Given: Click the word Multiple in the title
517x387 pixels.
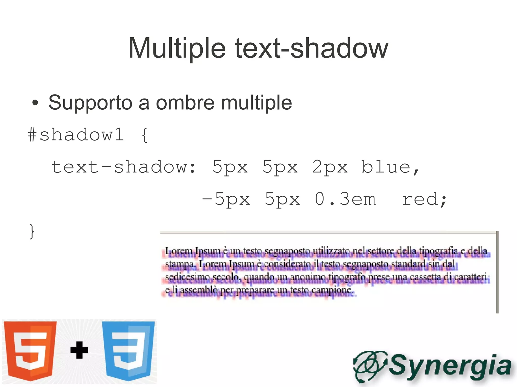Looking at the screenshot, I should [x=177, y=48].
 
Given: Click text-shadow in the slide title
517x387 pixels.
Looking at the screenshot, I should [x=312, y=48].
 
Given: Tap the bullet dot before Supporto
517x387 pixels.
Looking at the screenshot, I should [x=35, y=103].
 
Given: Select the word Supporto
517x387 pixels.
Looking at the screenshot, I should [x=90, y=103].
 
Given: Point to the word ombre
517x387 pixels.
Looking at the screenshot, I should [x=185, y=103].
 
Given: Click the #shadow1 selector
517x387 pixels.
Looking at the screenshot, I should [x=76, y=135].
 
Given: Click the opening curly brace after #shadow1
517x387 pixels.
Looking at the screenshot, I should [x=144, y=135].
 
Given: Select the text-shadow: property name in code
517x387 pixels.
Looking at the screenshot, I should [x=123, y=167].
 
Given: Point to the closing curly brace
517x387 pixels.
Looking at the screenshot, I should [x=32, y=231].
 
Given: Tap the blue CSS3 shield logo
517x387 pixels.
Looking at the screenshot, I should [x=128, y=350].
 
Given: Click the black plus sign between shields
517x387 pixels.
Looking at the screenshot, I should [x=79, y=350].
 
